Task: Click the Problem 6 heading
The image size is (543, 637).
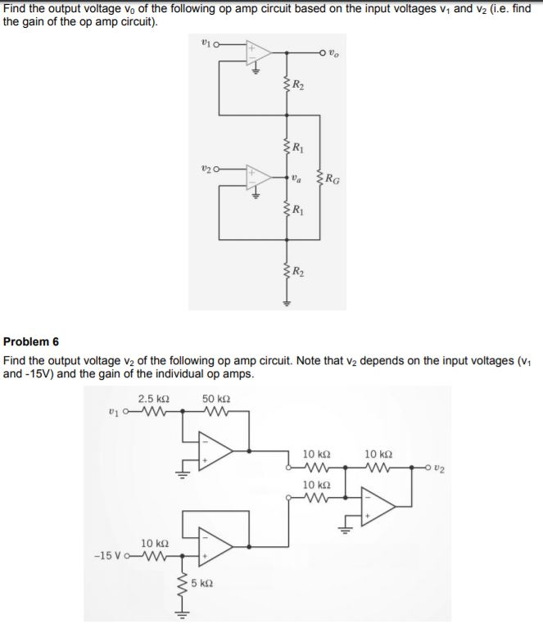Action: [x=32, y=341]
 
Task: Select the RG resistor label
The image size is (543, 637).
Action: [x=333, y=177]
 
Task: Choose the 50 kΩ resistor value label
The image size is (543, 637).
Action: [x=216, y=399]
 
